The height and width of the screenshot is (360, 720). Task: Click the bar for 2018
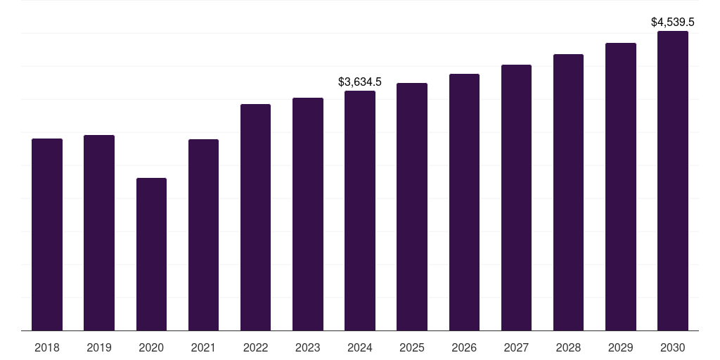(47, 234)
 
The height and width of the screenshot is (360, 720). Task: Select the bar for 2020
(151, 254)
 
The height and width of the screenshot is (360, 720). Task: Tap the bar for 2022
(255, 217)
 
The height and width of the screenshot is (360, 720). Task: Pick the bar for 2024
(360, 210)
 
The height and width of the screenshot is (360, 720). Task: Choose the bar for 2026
(464, 202)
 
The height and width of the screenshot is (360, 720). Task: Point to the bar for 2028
(568, 192)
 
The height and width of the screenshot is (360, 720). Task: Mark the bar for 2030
(673, 181)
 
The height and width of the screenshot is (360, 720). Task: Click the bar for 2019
(99, 233)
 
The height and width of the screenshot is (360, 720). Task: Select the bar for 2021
(203, 235)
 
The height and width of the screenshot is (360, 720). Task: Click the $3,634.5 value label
(360, 82)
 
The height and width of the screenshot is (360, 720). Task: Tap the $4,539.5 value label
(673, 22)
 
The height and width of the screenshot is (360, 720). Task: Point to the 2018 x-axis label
(47, 347)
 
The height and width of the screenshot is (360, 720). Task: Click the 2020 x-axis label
(151, 347)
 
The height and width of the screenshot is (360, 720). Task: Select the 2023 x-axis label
(308, 347)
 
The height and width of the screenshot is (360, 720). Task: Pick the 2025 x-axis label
(412, 347)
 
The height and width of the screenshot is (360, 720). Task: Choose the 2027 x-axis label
(516, 347)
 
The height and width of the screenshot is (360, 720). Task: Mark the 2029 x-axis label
(621, 347)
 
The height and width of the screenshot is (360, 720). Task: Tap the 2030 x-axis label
(673, 347)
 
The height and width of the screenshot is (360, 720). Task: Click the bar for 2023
(308, 214)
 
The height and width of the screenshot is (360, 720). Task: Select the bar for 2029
(621, 186)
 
